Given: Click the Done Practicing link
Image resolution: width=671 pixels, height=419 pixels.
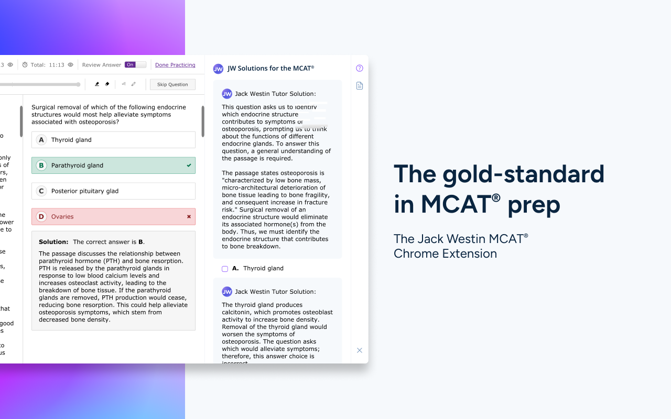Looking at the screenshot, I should [175, 65].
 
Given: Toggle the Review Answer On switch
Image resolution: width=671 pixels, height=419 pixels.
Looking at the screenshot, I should [135, 65].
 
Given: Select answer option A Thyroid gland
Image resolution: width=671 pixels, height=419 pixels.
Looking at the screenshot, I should [113, 140].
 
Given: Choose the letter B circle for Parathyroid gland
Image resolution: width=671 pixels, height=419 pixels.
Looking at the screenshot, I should [41, 166].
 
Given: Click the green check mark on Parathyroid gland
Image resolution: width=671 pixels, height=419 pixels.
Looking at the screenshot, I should [189, 166].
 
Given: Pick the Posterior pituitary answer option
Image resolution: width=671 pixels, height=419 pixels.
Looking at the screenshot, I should [113, 191].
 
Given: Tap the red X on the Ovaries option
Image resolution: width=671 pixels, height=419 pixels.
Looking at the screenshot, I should [189, 217].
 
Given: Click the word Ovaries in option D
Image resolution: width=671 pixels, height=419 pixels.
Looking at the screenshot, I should [62, 217].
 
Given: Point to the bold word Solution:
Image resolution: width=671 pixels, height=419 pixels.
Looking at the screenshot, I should [53, 242].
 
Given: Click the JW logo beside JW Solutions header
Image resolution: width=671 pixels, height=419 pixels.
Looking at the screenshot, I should [218, 69].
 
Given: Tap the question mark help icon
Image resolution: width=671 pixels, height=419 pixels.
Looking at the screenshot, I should [360, 68].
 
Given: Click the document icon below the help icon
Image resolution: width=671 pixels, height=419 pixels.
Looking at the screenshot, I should [360, 86].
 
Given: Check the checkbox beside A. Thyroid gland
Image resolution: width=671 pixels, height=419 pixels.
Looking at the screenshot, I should [225, 269].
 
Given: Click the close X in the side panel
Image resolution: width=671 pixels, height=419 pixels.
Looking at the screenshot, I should [360, 350].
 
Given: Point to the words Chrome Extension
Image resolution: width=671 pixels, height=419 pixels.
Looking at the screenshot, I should [445, 254].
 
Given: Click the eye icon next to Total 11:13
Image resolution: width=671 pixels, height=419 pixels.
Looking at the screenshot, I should [71, 65].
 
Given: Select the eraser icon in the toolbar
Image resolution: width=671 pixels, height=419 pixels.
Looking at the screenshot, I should [107, 84].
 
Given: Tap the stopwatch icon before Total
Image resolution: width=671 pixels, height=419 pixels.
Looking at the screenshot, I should [25, 65].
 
